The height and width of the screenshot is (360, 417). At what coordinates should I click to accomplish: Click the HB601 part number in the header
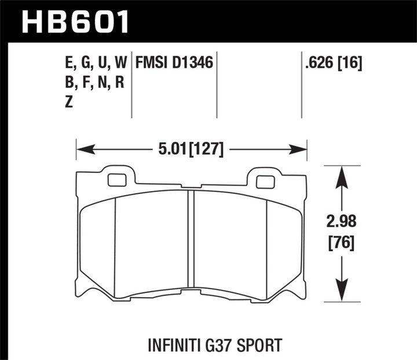pyautogui.click(x=75, y=22)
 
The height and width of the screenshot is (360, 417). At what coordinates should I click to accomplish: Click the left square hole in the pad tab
pyautogui.click(x=117, y=181)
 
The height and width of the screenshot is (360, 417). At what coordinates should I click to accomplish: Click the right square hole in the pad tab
pyautogui.click(x=265, y=182)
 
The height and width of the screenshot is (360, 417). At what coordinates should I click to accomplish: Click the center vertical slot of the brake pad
pyautogui.click(x=191, y=240)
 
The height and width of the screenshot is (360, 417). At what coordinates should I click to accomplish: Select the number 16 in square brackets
pyautogui.click(x=349, y=63)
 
